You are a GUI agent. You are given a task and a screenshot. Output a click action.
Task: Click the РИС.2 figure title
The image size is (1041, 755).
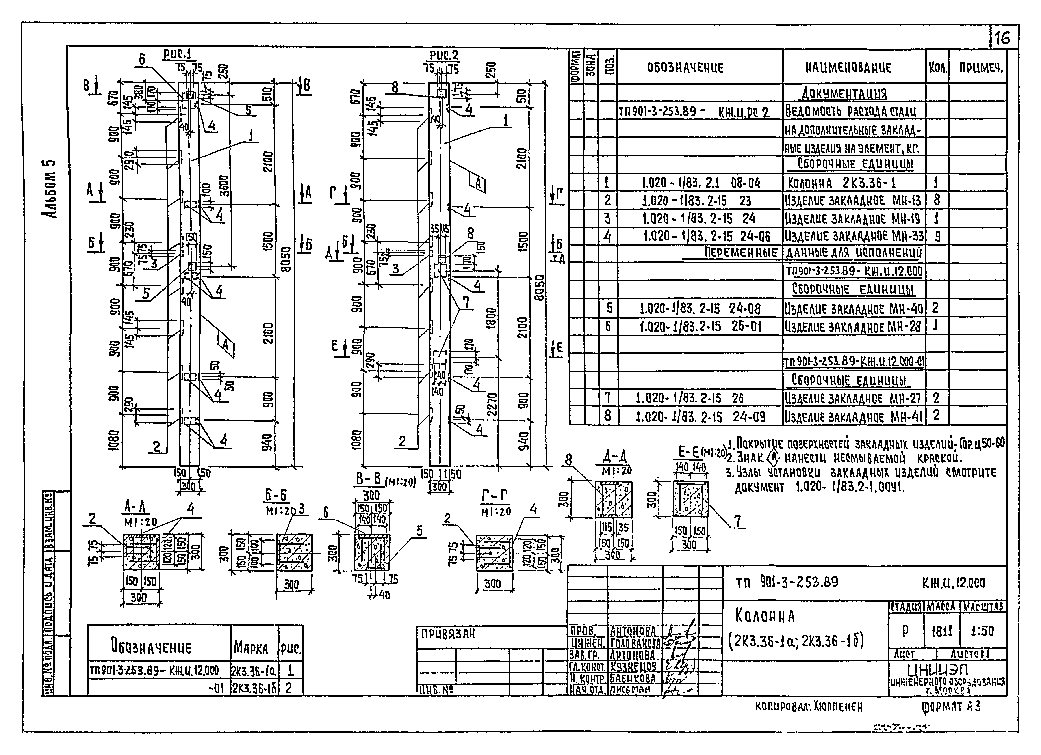pos(444,55)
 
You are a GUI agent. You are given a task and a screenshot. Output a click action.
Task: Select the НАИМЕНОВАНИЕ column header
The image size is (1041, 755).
pos(848,68)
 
